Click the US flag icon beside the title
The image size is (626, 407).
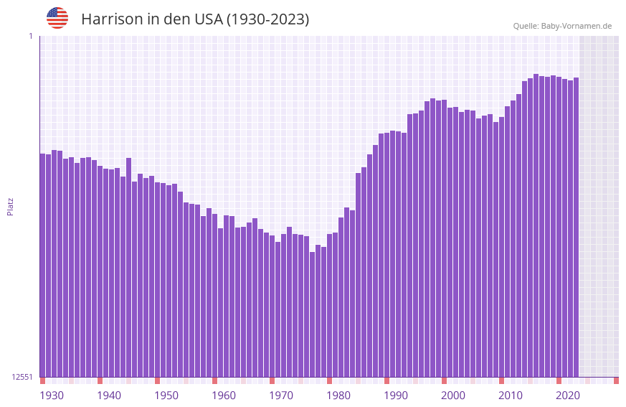[x=57, y=18]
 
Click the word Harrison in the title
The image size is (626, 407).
[x=112, y=19]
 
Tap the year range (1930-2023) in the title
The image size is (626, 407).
[x=267, y=19]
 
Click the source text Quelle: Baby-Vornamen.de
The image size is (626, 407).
[x=562, y=26]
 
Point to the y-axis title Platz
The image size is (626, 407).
[x=10, y=206]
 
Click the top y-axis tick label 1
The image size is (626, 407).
[x=30, y=36]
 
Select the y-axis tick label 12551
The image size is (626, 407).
[x=22, y=377]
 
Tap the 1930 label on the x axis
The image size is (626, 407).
[x=52, y=396]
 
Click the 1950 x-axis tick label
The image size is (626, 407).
[x=166, y=396]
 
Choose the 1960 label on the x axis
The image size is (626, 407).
[x=224, y=396]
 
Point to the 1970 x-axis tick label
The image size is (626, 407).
[x=281, y=396]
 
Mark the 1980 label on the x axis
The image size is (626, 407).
[x=338, y=396]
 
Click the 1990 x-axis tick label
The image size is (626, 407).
[x=396, y=396]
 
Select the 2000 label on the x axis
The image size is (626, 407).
[x=453, y=396]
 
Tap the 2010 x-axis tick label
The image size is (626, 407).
[x=511, y=396]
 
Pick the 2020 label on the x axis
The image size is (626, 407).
[x=568, y=396]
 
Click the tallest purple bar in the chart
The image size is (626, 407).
[x=536, y=225]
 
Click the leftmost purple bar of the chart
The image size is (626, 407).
[x=42, y=266]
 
